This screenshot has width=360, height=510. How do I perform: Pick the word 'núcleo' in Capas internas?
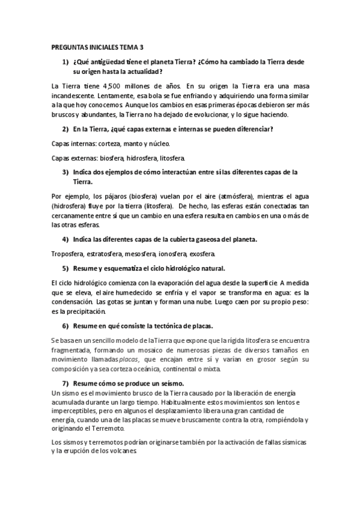point(156,144)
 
